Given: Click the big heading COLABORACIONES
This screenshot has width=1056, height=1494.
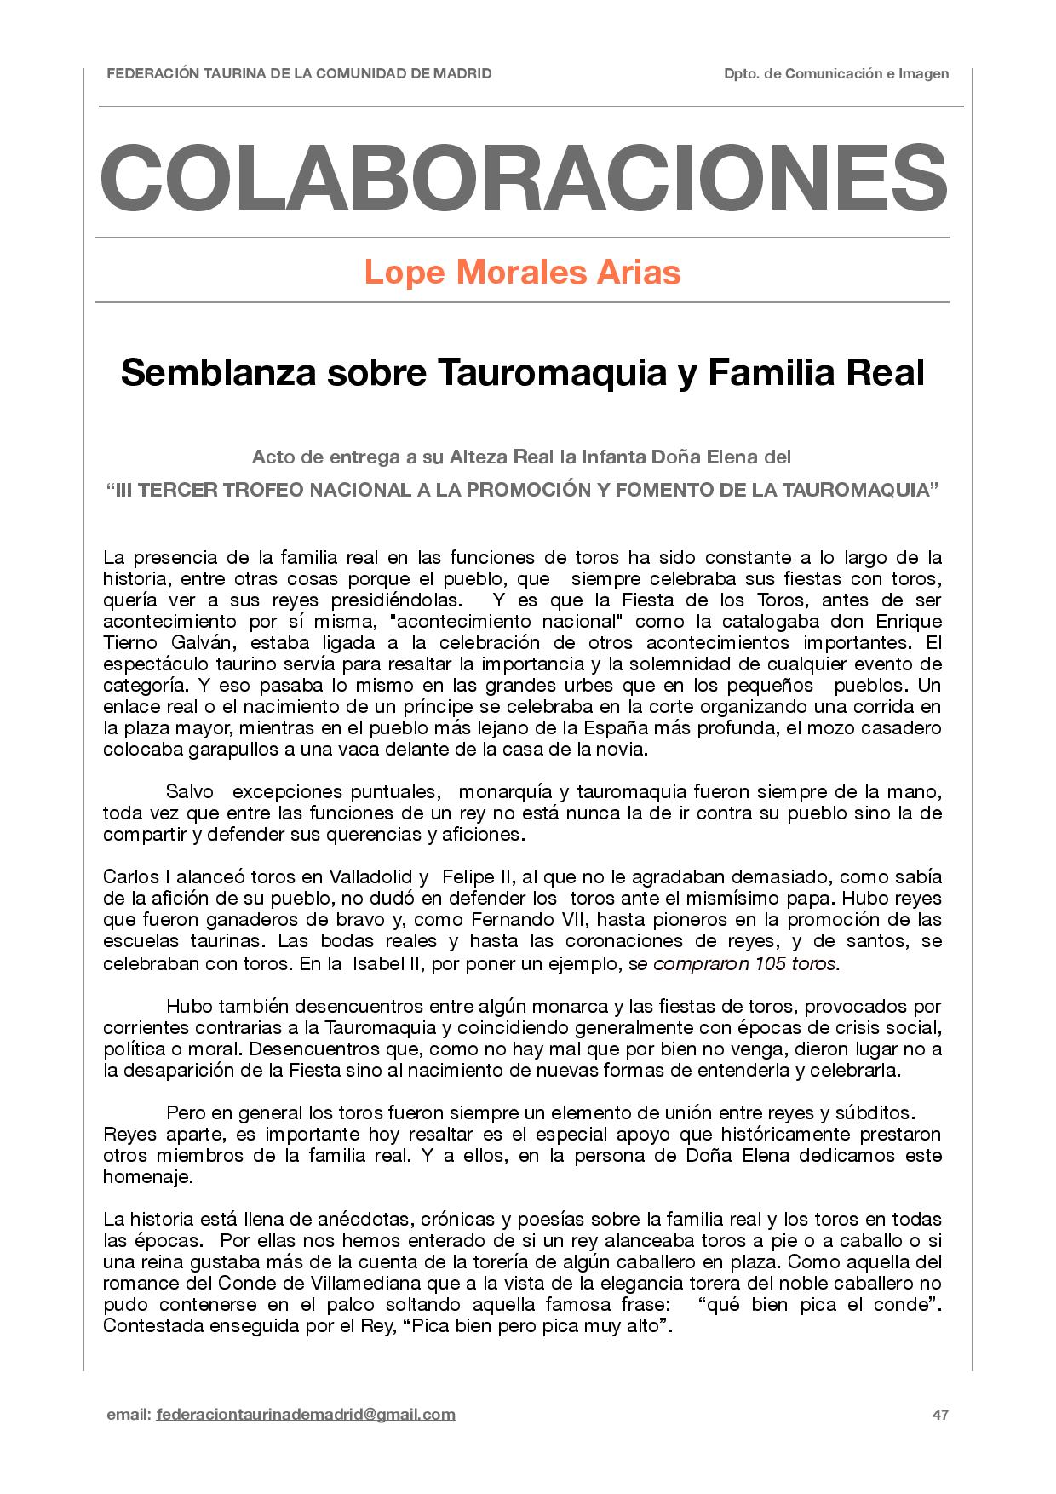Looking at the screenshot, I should pos(523,178).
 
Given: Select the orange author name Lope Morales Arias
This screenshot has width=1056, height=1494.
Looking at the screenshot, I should pos(522,273).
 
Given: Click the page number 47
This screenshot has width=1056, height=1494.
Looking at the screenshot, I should pos(940,1415).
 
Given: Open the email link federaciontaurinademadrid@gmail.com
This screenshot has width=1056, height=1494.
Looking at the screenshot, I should pos(306,1415).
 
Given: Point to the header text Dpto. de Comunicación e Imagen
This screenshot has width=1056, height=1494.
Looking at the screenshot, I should pos(836,74).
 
